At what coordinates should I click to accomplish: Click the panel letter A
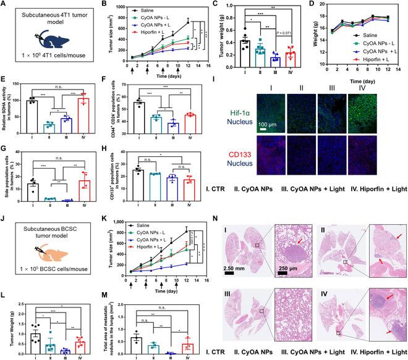tap(4, 5)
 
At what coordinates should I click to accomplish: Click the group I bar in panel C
tap(227, 51)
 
